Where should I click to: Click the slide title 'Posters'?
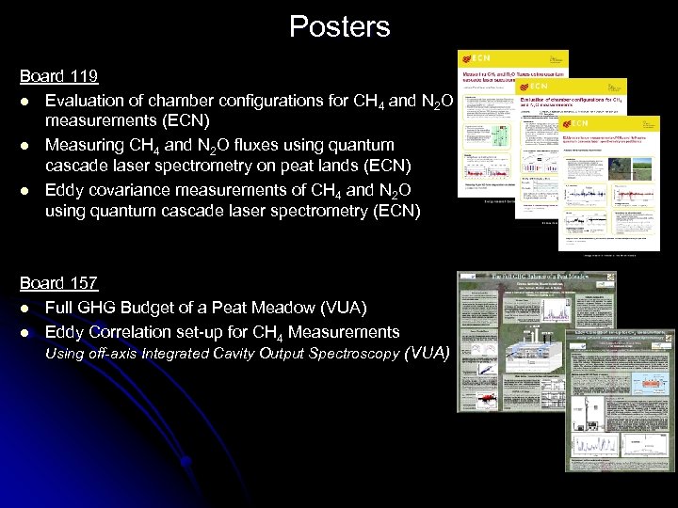[339, 26]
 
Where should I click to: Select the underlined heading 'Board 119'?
[58, 75]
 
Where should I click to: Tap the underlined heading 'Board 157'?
[58, 283]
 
